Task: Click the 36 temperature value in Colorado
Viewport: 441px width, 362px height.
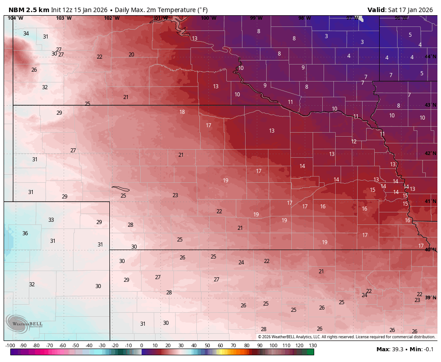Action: click(25, 233)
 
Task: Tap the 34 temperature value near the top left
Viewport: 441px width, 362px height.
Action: click(26, 34)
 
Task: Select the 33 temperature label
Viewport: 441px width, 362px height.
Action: click(51, 220)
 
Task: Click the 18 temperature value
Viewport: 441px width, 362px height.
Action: click(182, 112)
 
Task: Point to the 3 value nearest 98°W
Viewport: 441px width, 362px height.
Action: click(326, 36)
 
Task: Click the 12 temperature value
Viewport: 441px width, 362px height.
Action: click(354, 142)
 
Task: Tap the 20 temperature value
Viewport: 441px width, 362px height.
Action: click(131, 55)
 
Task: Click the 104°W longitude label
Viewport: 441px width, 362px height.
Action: click(15, 18)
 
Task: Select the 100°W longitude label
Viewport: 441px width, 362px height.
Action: click(208, 18)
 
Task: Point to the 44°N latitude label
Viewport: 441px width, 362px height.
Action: click(430, 56)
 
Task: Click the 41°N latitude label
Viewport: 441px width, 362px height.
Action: click(430, 202)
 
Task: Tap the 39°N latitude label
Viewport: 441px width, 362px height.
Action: click(430, 297)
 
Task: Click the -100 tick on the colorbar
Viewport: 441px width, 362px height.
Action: click(10, 345)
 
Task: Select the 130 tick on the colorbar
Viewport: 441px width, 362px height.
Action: click(313, 345)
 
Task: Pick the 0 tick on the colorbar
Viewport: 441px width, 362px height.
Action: click(142, 345)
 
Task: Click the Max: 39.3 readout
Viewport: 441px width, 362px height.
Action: click(390, 349)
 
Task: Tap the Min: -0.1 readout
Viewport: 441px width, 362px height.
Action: click(422, 349)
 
